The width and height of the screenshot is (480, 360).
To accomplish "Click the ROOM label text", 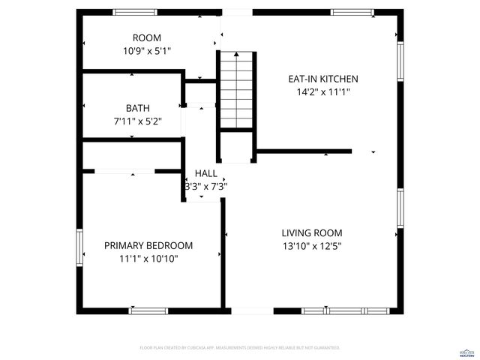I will point(147,37).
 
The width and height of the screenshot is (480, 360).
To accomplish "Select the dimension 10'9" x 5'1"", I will point(147,51).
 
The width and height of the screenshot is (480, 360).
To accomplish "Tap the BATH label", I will point(137,108).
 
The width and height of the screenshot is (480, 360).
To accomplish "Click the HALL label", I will point(205,173).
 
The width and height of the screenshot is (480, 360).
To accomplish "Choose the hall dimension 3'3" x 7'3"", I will point(205,187).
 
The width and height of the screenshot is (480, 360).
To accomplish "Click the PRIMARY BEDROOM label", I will point(148,245).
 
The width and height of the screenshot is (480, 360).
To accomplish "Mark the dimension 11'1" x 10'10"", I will point(148,259).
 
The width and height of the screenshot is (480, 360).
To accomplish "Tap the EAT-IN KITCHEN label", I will point(323,79).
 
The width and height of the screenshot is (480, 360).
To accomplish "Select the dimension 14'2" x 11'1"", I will point(323,92).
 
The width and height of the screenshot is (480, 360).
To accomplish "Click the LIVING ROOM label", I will point(311,232).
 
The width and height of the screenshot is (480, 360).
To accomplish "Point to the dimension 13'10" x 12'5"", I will point(311,246).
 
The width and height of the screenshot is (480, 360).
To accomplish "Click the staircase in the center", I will point(236,90).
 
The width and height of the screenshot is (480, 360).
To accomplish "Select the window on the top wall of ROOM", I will point(135,13).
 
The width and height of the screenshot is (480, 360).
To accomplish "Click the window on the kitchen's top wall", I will point(352,13).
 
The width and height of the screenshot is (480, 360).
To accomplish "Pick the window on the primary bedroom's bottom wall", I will point(147,310).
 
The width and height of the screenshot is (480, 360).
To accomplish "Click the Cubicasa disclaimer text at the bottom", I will point(240,348).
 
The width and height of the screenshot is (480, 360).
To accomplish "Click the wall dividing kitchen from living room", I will point(303,151).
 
